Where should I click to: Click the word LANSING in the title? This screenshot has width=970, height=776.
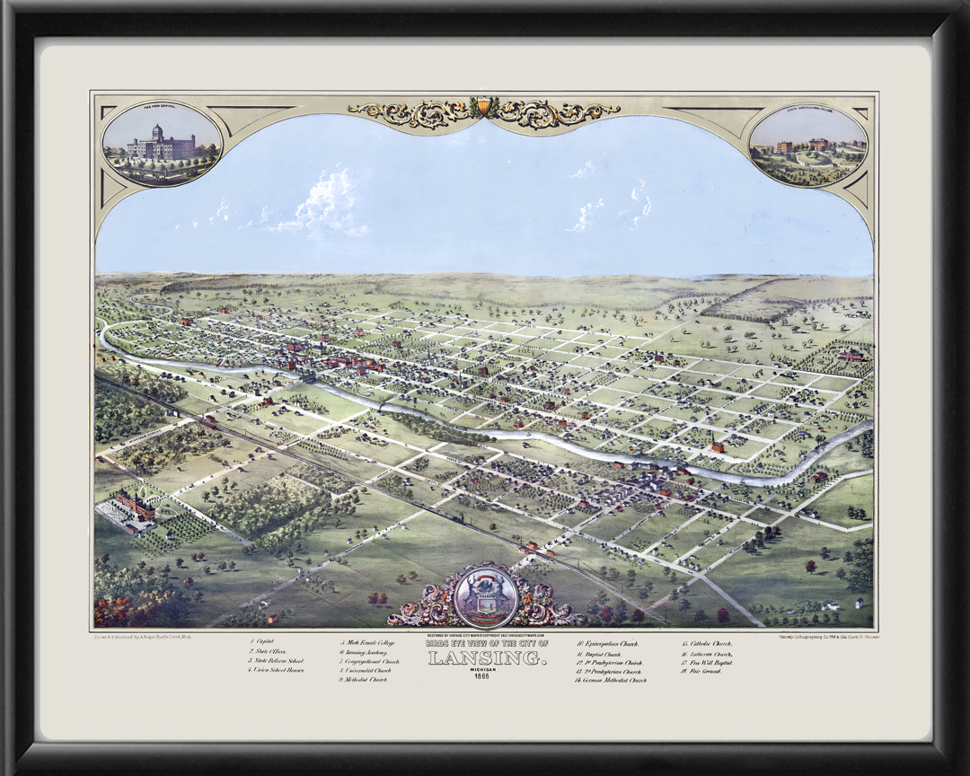486,657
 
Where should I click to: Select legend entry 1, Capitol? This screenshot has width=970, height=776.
263,642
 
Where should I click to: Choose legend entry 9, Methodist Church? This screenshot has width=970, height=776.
363,680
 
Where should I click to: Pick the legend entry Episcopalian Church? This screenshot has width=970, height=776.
607,643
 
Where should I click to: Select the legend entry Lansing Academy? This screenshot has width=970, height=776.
366,652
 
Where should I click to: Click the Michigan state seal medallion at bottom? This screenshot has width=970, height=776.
485,596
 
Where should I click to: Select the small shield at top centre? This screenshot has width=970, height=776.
484,107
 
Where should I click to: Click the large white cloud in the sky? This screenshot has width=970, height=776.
328,202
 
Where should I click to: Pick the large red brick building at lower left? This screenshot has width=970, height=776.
135,505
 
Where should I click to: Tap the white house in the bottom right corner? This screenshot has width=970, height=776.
859,603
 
